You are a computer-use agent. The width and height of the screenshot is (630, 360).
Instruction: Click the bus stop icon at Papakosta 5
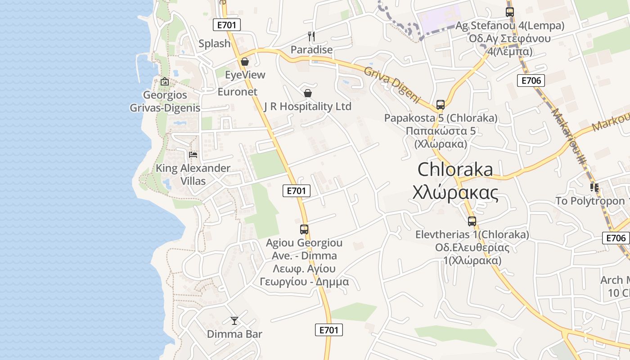coord(441,105)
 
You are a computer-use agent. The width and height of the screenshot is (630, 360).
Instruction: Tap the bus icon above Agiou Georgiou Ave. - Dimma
coord(304,229)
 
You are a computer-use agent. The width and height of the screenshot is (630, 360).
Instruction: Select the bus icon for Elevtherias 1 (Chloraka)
coord(472,221)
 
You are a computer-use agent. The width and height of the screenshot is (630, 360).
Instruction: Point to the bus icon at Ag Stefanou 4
coord(509,12)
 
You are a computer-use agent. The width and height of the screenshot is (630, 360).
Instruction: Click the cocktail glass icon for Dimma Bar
coord(234,320)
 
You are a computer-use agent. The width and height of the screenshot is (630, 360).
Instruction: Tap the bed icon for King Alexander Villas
coord(193,155)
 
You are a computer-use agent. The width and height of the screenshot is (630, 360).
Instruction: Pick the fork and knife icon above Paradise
coord(311,36)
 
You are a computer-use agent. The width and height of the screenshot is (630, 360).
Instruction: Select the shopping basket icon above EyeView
coord(245,61)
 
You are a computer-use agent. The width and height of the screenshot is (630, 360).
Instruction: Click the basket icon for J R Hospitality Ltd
coord(308,93)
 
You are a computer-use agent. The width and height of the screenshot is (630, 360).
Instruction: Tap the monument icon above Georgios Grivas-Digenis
coord(165,81)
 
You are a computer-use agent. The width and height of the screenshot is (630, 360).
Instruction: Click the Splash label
coord(215,44)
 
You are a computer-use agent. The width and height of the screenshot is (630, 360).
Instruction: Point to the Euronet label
coord(237,92)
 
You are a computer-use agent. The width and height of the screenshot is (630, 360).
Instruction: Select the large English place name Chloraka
coord(455,170)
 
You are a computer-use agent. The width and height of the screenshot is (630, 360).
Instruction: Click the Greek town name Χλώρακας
coord(455,193)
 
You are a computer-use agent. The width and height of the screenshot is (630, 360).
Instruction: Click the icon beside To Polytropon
coord(594,188)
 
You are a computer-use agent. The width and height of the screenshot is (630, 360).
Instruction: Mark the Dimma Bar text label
coord(234,334)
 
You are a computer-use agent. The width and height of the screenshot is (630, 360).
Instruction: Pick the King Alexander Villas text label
coord(193,175)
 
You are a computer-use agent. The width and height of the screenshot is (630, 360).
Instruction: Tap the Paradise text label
coord(311,49)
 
